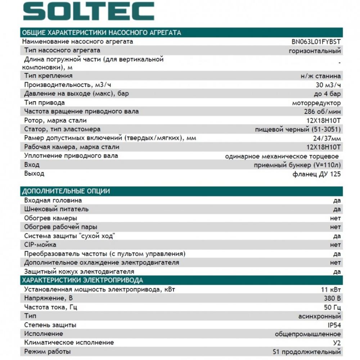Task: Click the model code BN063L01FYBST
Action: (316, 41)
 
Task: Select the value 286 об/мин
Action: (322, 112)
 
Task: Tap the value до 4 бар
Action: (327, 94)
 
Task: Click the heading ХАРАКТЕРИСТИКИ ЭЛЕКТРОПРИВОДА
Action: (82, 280)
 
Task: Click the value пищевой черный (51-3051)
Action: (298, 129)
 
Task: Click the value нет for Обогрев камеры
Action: (335, 218)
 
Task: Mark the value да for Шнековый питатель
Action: (337, 209)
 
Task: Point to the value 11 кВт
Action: (330, 289)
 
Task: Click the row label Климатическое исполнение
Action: (69, 343)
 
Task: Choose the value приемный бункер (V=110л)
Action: (297, 165)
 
